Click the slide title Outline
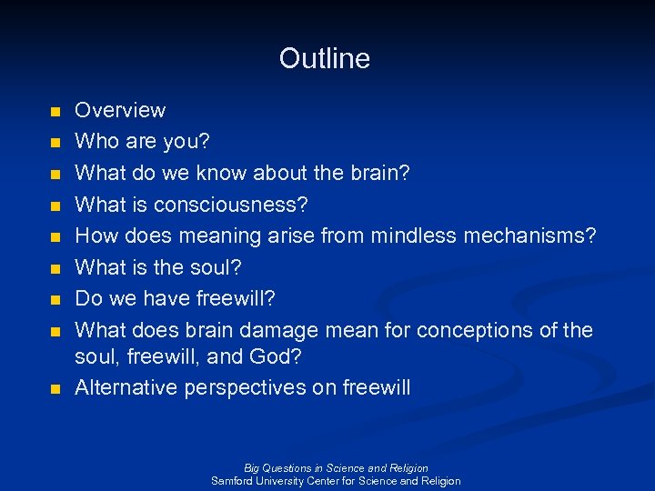[x=325, y=58]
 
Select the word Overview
[x=120, y=110]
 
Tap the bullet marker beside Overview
[x=55, y=112]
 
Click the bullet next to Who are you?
[x=55, y=143]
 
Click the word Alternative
[x=126, y=387]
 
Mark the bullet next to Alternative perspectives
[x=55, y=389]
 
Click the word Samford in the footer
[x=233, y=481]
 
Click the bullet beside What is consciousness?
[x=55, y=205]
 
